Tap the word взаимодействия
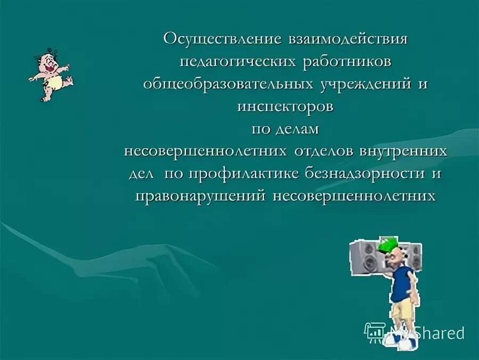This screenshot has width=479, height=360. point(348,39)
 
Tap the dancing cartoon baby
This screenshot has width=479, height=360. point(49,75)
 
